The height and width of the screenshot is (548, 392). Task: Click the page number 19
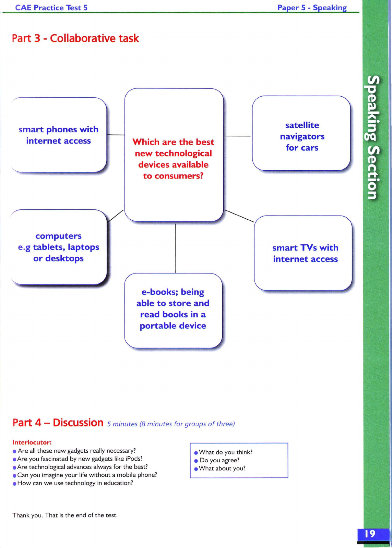(x=370, y=534)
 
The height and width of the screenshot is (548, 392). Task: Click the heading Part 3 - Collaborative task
(x=75, y=38)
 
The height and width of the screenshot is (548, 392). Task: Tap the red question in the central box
(x=173, y=159)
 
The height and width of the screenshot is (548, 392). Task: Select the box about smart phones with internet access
(x=58, y=135)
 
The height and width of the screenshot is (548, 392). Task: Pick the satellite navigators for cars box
(x=302, y=136)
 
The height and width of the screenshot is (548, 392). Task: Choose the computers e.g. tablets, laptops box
(x=58, y=247)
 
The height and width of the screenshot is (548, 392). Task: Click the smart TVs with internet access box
(x=305, y=253)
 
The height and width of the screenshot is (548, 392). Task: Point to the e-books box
(x=173, y=309)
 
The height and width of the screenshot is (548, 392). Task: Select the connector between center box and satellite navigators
(x=238, y=136)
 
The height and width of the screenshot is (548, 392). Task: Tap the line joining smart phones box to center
(x=116, y=135)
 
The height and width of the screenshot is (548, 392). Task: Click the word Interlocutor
(x=32, y=442)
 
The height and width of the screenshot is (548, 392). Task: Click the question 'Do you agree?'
(x=219, y=460)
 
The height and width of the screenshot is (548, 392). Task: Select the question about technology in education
(x=75, y=483)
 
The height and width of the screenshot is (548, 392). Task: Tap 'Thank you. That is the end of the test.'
(x=65, y=515)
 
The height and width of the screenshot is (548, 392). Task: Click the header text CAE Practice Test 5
(x=51, y=8)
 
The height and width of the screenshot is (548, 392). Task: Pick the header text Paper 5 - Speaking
(x=312, y=8)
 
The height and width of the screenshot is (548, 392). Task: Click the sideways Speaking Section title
(x=373, y=137)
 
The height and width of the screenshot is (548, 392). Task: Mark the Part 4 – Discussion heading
(x=58, y=423)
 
